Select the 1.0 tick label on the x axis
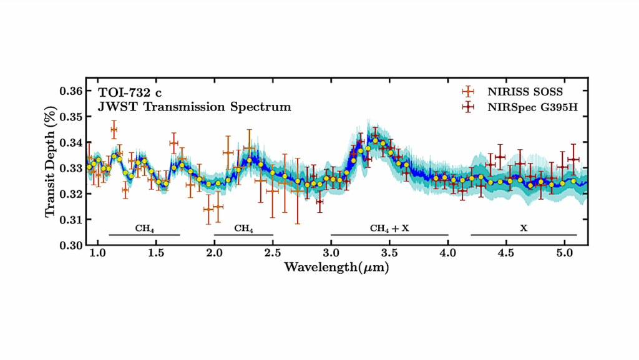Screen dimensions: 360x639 tap(97, 256)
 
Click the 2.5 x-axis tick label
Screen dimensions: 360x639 tap(272, 256)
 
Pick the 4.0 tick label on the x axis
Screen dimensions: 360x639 tap(447, 256)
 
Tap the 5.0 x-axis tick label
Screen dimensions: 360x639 tap(564, 256)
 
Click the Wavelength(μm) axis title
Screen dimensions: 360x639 tap(338, 267)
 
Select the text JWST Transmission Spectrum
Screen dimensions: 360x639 tap(194, 107)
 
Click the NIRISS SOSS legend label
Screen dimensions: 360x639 tap(523, 92)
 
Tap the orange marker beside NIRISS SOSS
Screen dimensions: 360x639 tap(467, 92)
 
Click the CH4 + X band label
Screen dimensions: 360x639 tap(389, 228)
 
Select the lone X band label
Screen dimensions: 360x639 tap(523, 228)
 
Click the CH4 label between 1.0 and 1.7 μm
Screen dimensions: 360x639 tap(144, 228)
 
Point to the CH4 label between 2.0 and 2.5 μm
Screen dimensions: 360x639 tap(243, 228)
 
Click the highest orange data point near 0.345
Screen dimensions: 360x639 tap(114, 130)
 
